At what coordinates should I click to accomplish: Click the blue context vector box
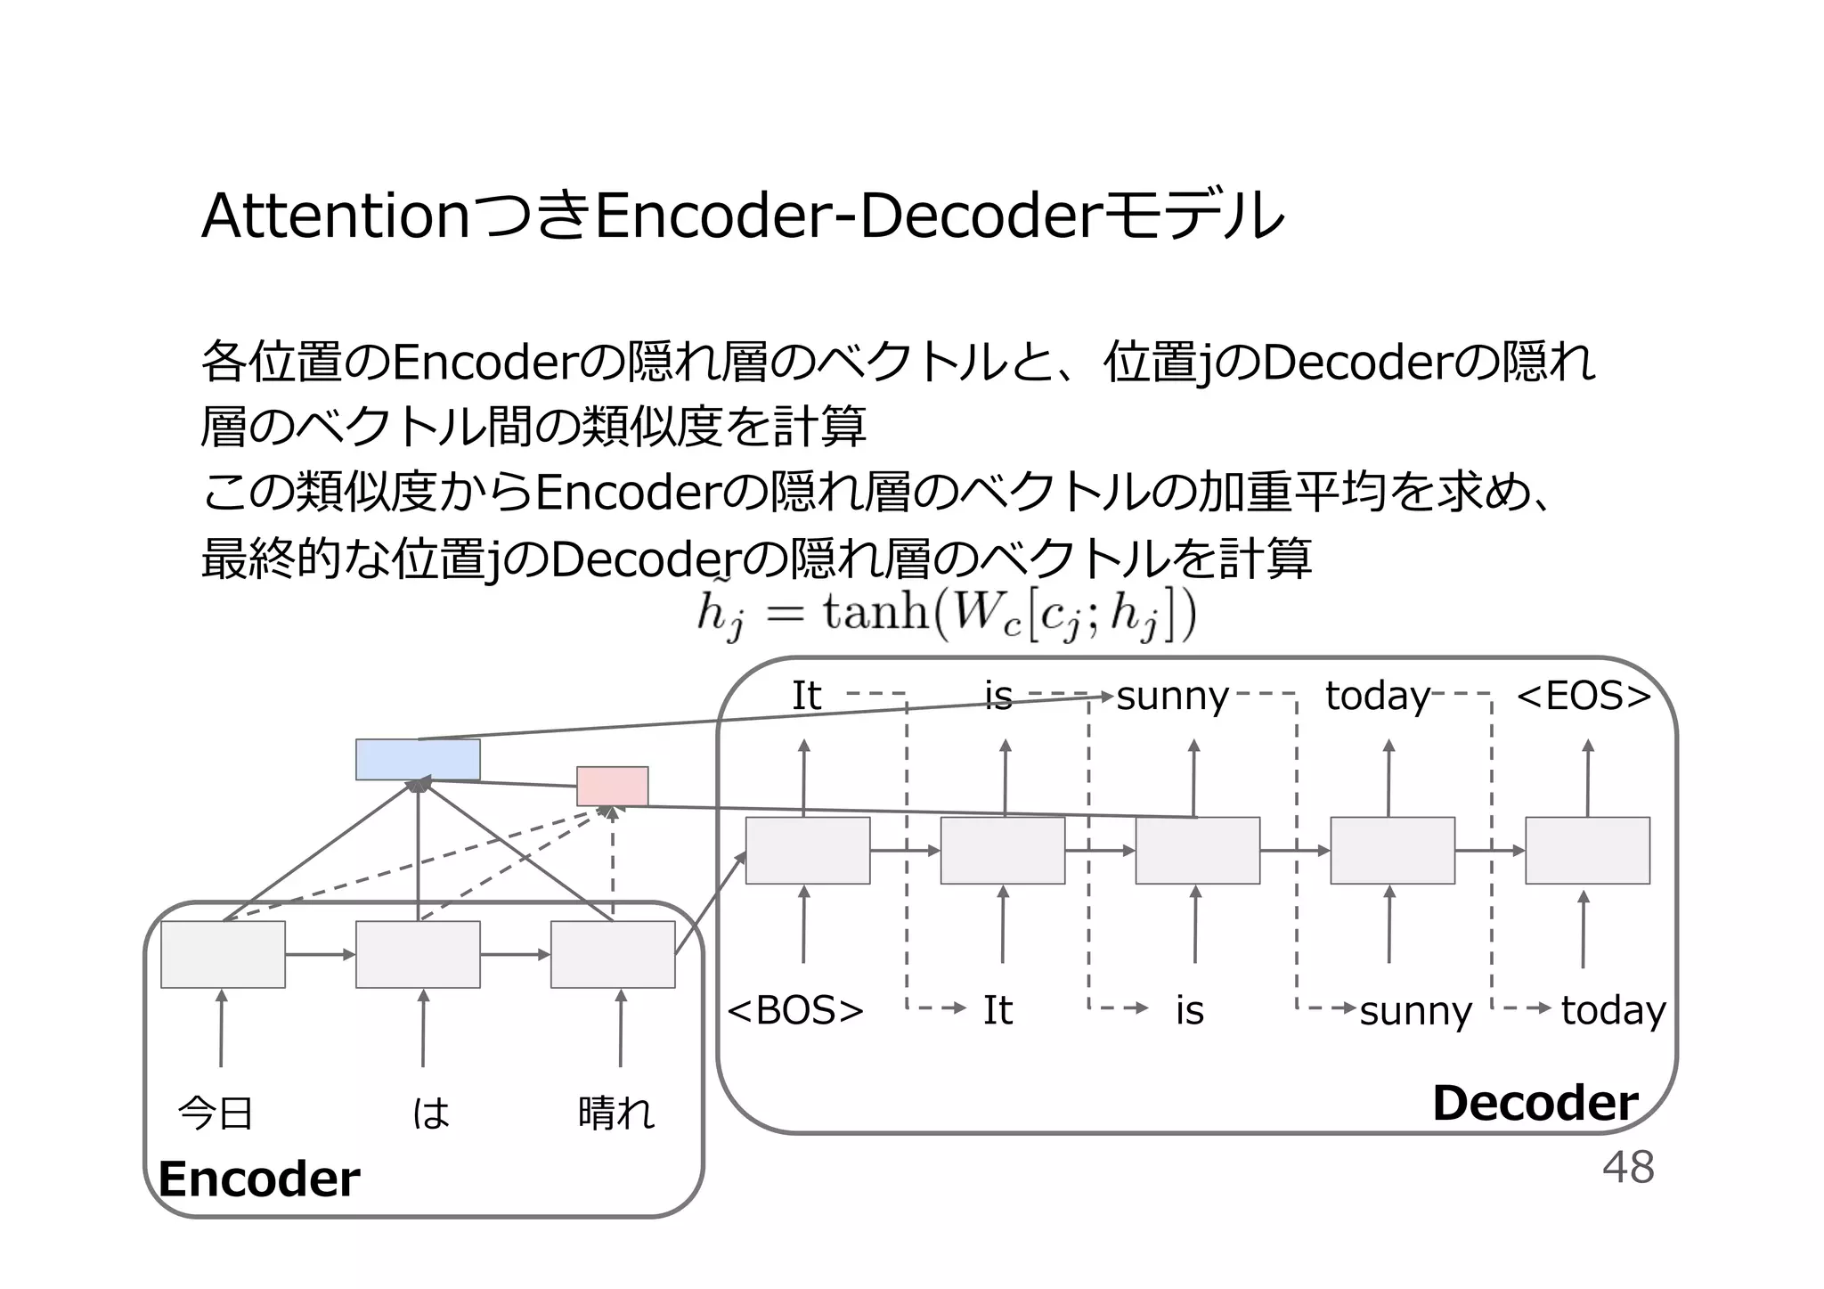(x=418, y=759)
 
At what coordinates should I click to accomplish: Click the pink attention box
(x=612, y=786)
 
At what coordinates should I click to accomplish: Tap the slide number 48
(x=1628, y=1167)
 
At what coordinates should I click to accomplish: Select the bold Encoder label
(x=259, y=1179)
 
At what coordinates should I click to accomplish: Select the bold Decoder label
(x=1535, y=1103)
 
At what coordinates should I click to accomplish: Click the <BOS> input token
(x=795, y=1010)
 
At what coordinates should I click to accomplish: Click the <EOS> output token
(x=1584, y=696)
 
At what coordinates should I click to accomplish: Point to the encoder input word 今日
(x=216, y=1113)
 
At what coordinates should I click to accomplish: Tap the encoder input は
(x=431, y=1113)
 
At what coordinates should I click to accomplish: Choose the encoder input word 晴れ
(x=616, y=1113)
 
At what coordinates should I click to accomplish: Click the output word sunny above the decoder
(x=1172, y=696)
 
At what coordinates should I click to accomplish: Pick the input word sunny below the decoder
(x=1415, y=1011)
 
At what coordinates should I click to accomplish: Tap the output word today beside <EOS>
(x=1377, y=696)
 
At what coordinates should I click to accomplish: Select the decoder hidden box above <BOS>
(x=807, y=851)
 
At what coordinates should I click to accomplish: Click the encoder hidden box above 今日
(x=223, y=954)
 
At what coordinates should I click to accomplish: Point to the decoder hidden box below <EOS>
(x=1587, y=851)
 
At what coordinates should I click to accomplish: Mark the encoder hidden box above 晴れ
(x=613, y=954)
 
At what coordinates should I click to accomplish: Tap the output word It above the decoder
(x=806, y=696)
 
